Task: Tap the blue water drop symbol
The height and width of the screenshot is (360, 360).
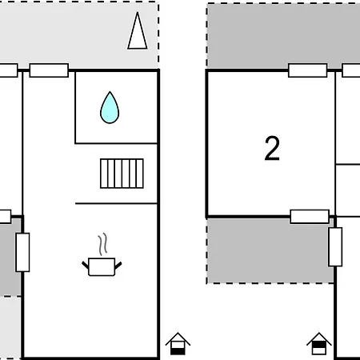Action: coord(109,107)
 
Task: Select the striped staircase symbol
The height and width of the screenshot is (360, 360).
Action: coord(122,173)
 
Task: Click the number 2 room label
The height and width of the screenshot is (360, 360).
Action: coord(272,149)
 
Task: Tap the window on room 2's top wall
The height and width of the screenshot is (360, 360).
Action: coord(307,70)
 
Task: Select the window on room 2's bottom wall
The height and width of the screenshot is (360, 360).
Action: coord(310,216)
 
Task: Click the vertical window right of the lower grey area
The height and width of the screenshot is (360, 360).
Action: coord(335,246)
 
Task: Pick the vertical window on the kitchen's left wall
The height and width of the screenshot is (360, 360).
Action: coord(22,252)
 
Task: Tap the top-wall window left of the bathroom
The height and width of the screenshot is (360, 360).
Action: coord(49,70)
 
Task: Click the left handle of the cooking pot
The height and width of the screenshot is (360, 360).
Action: coord(86,262)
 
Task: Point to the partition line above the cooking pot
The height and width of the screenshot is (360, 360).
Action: coord(116,203)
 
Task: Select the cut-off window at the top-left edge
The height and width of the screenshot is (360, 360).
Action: coord(7,70)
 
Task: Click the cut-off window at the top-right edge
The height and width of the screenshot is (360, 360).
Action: coord(351,70)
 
